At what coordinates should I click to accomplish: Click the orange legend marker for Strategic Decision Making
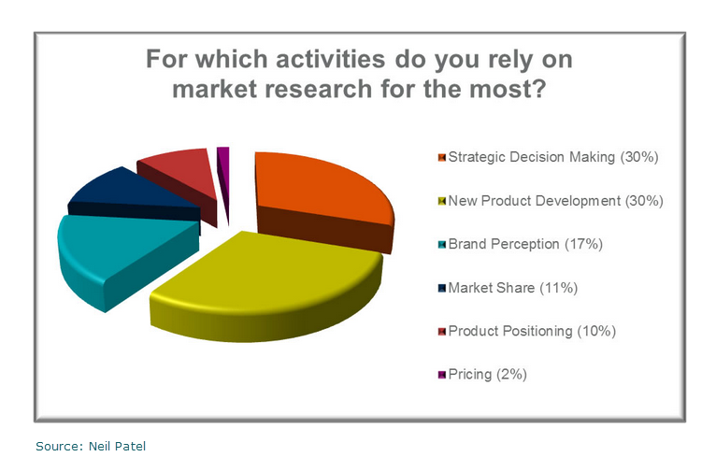(441, 158)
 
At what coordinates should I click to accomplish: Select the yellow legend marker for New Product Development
(441, 201)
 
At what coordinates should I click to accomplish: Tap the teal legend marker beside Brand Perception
(441, 244)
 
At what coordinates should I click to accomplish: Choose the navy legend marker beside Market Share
(441, 288)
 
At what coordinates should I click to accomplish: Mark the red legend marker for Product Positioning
(441, 332)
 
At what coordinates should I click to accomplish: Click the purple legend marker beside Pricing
(441, 375)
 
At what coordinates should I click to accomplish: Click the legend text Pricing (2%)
(488, 375)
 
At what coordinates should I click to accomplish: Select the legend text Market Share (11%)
(513, 288)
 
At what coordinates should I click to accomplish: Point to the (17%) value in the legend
(583, 244)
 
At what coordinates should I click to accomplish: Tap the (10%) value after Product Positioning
(596, 331)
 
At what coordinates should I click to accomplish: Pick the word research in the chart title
(318, 89)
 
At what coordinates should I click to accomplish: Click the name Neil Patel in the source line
(118, 446)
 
